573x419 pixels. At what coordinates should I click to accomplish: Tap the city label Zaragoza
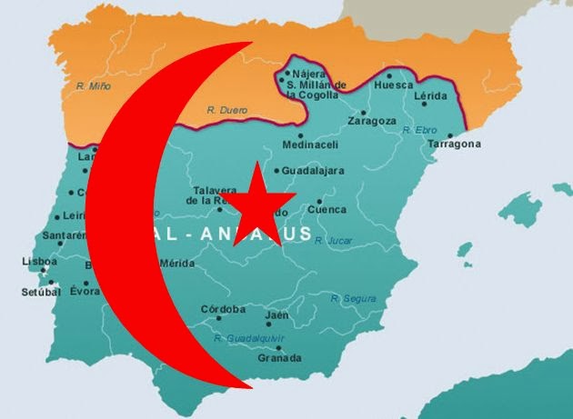(371, 120)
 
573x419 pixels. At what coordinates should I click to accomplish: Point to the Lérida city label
(429, 95)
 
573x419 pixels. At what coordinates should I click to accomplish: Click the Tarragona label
(455, 144)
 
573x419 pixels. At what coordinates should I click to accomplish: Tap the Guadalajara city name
(314, 170)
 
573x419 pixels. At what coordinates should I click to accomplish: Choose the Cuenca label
(327, 209)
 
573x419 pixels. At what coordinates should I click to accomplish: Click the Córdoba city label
(223, 309)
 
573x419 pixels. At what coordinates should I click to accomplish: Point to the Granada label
(280, 357)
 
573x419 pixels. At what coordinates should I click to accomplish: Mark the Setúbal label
(40, 292)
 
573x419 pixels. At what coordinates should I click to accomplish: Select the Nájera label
(308, 75)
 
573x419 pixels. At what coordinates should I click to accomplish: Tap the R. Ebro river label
(419, 130)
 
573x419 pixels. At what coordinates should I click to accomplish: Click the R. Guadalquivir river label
(249, 337)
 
